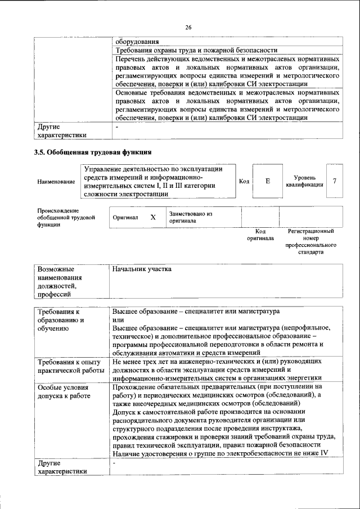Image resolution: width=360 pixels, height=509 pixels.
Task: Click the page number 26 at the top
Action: pyautogui.click(x=188, y=27)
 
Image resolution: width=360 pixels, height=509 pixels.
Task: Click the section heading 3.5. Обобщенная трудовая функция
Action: pyautogui.click(x=92, y=152)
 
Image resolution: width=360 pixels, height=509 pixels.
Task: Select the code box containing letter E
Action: pyautogui.click(x=267, y=181)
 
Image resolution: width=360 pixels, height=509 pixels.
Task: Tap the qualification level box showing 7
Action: pyautogui.click(x=335, y=181)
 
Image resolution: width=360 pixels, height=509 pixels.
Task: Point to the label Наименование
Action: pyautogui.click(x=56, y=182)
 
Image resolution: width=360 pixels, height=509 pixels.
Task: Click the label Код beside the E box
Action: pyautogui.click(x=244, y=181)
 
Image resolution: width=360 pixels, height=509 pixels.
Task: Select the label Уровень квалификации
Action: pyautogui.click(x=304, y=181)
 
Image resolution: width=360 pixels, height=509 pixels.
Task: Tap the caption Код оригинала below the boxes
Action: pyautogui.click(x=260, y=235)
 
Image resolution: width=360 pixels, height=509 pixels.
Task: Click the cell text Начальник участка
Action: pyautogui.click(x=141, y=269)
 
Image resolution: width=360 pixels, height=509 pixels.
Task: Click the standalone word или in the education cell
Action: pyautogui.click(x=118, y=319)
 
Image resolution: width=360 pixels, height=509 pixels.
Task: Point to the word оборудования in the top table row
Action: pyautogui.click(x=137, y=41)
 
